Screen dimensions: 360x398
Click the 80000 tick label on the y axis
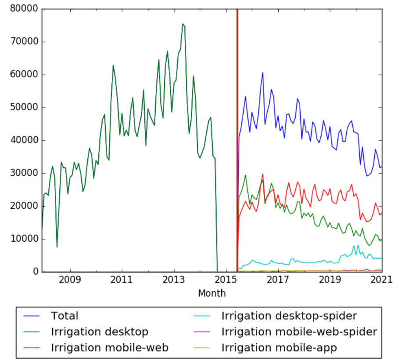25,9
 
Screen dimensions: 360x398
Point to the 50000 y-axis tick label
25,108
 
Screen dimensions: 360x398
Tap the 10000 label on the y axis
25,239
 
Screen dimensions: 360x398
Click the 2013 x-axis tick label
174,279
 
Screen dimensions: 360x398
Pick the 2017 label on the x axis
278,279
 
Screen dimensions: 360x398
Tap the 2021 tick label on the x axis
381,279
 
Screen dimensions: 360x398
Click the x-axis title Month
212,293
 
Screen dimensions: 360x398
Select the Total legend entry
65,316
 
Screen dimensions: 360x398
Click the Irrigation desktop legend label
100,331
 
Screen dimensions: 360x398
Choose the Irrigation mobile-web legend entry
110,348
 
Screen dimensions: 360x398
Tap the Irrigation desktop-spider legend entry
289,316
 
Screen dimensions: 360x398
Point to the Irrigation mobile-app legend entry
280,348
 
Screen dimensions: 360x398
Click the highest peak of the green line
183,24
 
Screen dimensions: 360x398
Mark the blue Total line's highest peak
262,73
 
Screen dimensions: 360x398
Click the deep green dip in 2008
57,247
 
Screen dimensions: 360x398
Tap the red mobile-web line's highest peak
262,174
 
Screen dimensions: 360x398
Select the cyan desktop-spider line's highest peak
358,245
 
